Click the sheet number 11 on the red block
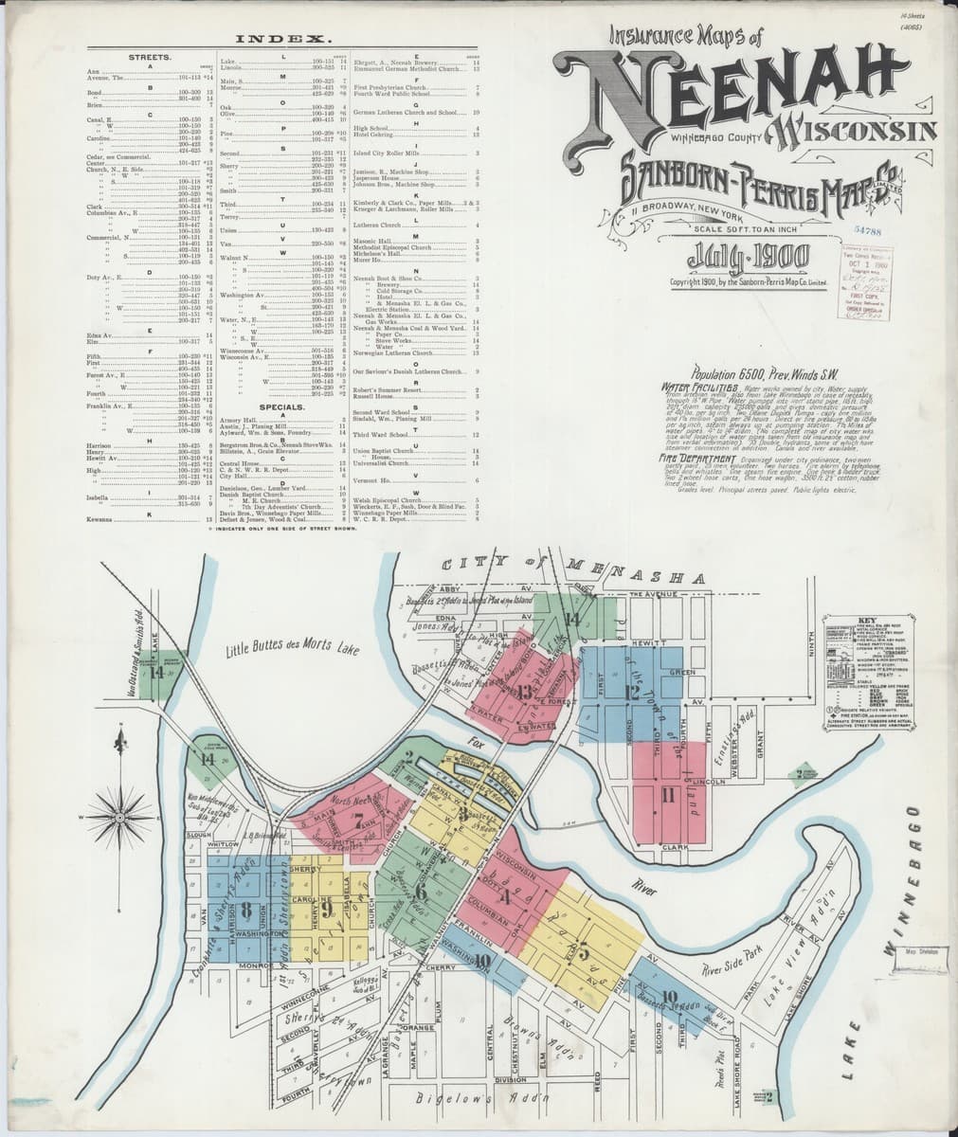point(668,794)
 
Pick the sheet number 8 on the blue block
point(246,911)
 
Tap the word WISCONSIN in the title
point(858,130)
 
